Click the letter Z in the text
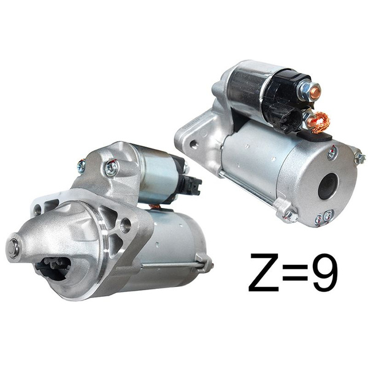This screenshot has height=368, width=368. pyautogui.click(x=264, y=272)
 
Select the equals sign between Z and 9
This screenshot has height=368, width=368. pyautogui.click(x=295, y=273)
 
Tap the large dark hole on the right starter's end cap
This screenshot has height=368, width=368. pyautogui.click(x=328, y=186)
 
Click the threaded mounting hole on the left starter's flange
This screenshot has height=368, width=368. pyautogui.click(x=125, y=225)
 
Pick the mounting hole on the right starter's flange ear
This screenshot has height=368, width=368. pyautogui.click(x=193, y=144)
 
